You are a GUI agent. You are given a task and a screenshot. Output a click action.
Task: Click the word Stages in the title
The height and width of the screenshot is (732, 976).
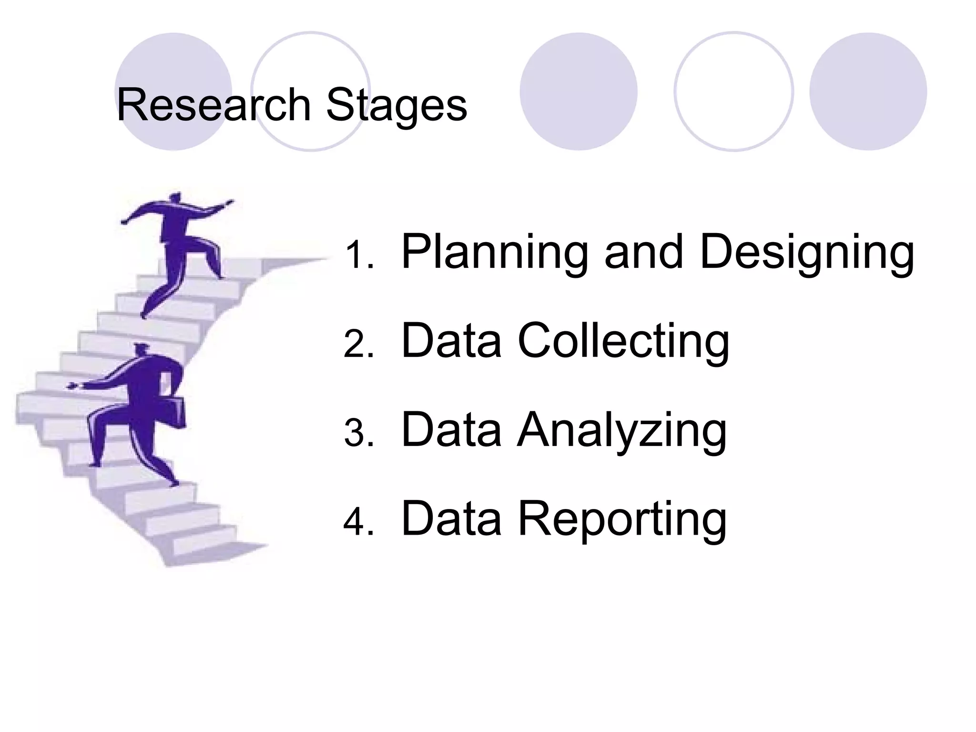[396, 106]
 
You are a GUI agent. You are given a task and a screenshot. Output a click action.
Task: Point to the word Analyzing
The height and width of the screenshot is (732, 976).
[621, 430]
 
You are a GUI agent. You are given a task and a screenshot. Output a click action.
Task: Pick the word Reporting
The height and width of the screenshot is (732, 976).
[622, 519]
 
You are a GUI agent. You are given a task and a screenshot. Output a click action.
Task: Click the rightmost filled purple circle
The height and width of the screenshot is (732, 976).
[868, 91]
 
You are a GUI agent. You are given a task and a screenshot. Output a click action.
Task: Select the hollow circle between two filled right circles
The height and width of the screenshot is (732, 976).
[733, 91]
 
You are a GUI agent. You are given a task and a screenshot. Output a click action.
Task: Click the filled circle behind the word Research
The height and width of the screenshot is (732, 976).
[173, 91]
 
